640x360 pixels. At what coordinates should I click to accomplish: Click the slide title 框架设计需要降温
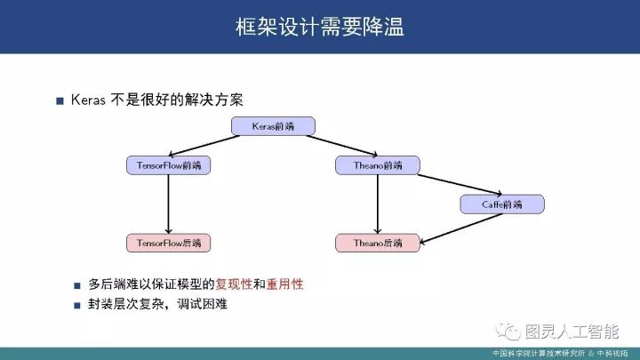[x=319, y=27]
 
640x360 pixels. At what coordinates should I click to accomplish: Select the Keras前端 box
[x=273, y=127]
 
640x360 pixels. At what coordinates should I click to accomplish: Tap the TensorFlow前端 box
[x=169, y=165]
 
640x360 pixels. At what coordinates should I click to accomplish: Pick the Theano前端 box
[x=378, y=165]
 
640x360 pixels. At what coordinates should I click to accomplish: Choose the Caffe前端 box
[x=502, y=204]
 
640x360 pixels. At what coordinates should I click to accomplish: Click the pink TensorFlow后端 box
[x=169, y=242]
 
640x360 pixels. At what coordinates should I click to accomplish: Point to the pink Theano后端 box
[x=378, y=242]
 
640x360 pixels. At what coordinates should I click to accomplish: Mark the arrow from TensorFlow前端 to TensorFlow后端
[x=169, y=204]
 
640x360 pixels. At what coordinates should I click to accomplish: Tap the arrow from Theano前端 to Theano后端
[x=378, y=204]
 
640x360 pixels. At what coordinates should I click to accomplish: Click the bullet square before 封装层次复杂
[x=78, y=306]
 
